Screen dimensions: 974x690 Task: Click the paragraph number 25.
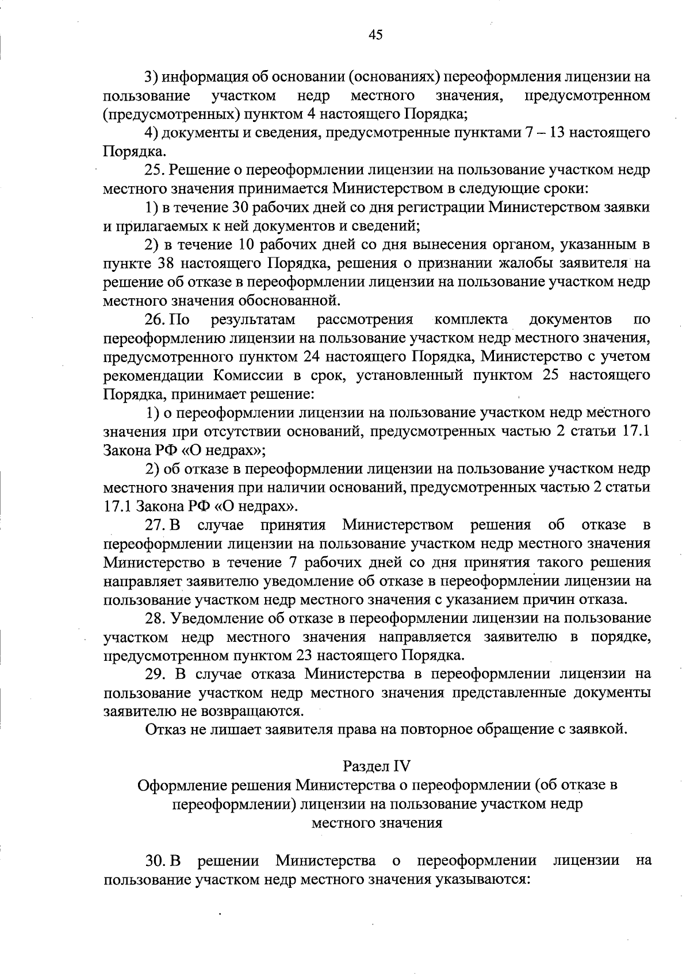coord(155,170)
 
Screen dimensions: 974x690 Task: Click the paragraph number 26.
coord(155,319)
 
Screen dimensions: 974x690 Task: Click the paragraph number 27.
coord(155,525)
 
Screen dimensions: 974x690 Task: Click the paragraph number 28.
coord(155,618)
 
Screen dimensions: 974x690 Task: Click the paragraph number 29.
coord(155,674)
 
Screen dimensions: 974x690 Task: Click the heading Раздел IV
coord(377,766)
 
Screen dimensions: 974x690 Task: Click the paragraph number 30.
coord(155,861)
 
